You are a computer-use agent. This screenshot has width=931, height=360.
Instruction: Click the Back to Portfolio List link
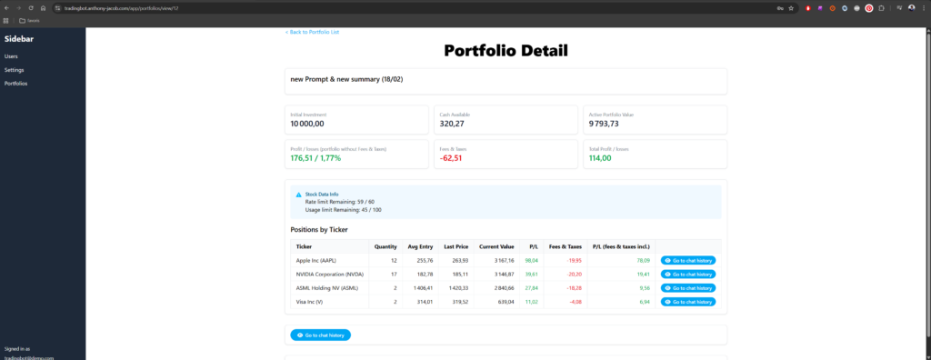313,32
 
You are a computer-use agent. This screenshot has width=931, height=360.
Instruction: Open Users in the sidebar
11,56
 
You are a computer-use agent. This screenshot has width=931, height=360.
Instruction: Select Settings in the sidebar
14,70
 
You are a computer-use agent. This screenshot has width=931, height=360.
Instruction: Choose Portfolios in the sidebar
15,84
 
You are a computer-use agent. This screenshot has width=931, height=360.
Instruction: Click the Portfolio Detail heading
506,51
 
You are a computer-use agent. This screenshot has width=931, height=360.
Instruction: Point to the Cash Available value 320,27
452,124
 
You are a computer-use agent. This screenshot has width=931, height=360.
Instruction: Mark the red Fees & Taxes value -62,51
451,158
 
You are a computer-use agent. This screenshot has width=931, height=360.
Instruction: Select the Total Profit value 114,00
600,158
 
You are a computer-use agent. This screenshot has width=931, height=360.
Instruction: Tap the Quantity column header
385,246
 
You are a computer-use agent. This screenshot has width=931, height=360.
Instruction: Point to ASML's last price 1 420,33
455,287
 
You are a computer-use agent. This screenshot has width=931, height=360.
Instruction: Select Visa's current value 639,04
503,301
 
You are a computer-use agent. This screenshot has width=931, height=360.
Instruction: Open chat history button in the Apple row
688,260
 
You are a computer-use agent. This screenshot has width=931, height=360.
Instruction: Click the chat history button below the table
320,335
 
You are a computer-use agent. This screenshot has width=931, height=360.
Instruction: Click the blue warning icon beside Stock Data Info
298,195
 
